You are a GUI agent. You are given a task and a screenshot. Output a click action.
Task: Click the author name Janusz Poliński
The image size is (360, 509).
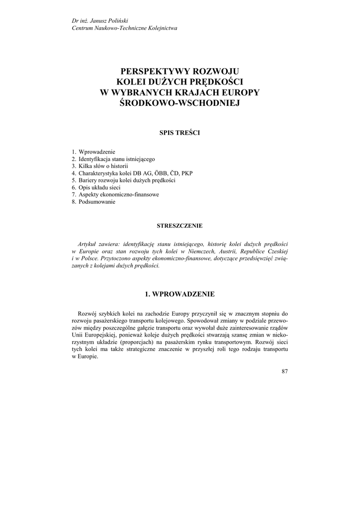click(108, 20)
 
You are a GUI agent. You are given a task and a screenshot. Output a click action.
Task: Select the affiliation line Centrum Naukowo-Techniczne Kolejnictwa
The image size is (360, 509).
click(124, 28)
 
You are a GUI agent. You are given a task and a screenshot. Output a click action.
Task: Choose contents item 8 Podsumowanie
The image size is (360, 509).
click(96, 202)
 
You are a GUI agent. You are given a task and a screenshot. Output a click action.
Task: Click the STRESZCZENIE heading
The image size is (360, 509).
click(180, 226)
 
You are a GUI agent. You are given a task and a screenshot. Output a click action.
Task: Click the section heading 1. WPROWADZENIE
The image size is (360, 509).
click(180, 294)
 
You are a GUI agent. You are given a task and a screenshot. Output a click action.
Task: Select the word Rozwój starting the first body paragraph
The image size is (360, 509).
click(88, 314)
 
